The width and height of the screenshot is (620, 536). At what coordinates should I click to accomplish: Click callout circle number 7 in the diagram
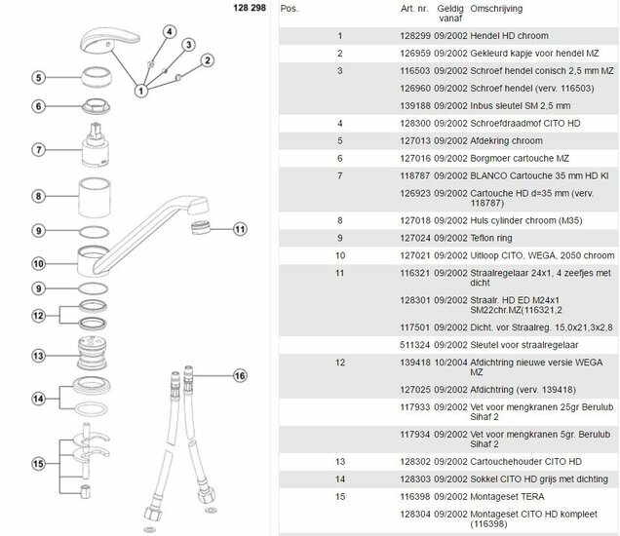(39, 150)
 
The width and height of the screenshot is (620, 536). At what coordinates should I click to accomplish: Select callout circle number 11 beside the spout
(241, 230)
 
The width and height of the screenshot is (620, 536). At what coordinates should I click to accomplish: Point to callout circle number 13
(39, 356)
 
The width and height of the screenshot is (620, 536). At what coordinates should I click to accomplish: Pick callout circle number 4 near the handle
(169, 31)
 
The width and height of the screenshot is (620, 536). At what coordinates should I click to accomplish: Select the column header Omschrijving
(470, 9)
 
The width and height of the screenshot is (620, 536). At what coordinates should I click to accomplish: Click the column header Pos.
(289, 9)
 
